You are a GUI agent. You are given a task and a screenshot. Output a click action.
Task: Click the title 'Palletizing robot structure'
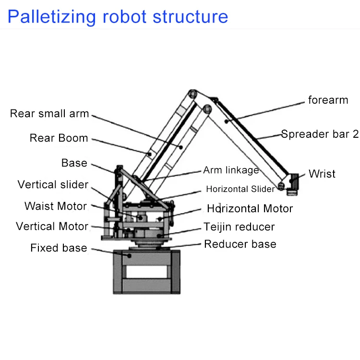[x=118, y=17]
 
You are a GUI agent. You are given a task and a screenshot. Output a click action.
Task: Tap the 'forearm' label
[x=328, y=100]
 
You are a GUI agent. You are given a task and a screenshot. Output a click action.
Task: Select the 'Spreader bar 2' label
[x=320, y=134]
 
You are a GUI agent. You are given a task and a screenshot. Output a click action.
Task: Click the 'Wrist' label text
[x=322, y=174]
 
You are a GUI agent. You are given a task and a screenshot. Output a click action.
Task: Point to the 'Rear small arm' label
[x=49, y=113]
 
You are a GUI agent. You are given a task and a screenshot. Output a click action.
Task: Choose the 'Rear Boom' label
[x=59, y=138]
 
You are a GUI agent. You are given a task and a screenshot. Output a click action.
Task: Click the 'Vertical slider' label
[x=53, y=185]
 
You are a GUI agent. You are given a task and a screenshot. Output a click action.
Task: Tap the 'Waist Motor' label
[x=56, y=206]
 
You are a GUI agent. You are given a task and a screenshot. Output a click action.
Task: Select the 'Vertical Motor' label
[x=52, y=226]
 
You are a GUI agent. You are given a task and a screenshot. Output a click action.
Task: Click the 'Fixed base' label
[x=59, y=248]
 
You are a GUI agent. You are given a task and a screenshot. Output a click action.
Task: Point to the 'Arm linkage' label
[x=231, y=170]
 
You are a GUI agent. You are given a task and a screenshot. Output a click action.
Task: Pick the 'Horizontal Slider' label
[x=240, y=189]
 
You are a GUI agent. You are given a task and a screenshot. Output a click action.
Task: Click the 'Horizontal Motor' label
[x=250, y=208]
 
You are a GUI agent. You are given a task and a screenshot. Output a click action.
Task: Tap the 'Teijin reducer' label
[x=239, y=227]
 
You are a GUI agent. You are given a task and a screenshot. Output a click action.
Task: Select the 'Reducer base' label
[x=240, y=244]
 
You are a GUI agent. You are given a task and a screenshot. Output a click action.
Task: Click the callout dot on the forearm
[x=227, y=121]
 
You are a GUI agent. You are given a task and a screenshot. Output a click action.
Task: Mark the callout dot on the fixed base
[x=129, y=255]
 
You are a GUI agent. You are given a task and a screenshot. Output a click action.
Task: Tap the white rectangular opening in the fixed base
[x=147, y=272]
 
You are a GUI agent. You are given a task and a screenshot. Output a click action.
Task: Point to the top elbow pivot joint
[x=192, y=94]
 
